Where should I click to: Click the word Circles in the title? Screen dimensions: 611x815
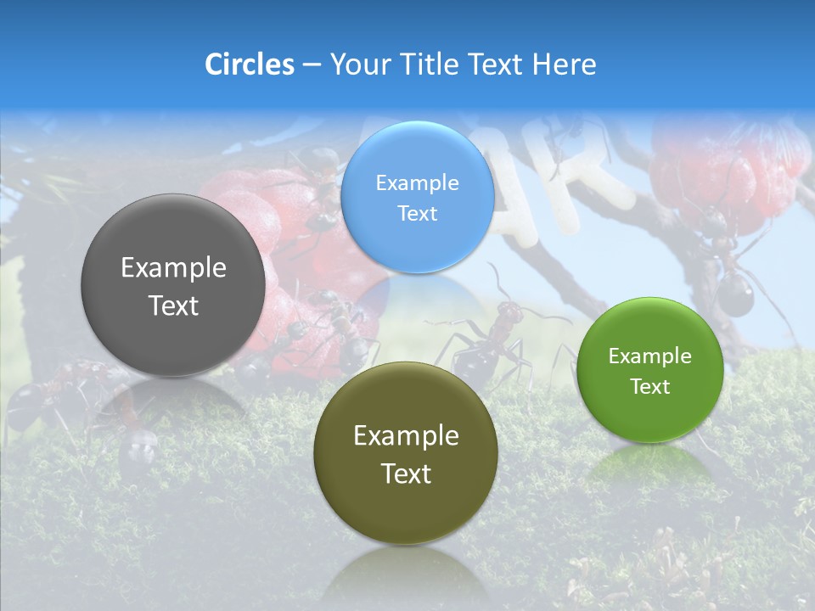coord(250,64)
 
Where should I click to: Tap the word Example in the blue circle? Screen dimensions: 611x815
coord(418,183)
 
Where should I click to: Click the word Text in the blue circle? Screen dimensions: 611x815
coord(418,213)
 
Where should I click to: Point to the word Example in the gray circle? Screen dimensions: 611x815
coord(173,268)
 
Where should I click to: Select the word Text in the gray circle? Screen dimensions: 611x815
coord(173,305)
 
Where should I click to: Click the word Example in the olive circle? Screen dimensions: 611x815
coord(406,436)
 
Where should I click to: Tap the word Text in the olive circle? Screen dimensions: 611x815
coord(406,474)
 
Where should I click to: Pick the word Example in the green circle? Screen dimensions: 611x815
coord(649,356)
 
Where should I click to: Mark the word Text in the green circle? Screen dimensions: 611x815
coord(649,387)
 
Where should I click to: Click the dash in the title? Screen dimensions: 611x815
coord(312,65)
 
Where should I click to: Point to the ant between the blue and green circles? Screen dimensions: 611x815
coord(501,331)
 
